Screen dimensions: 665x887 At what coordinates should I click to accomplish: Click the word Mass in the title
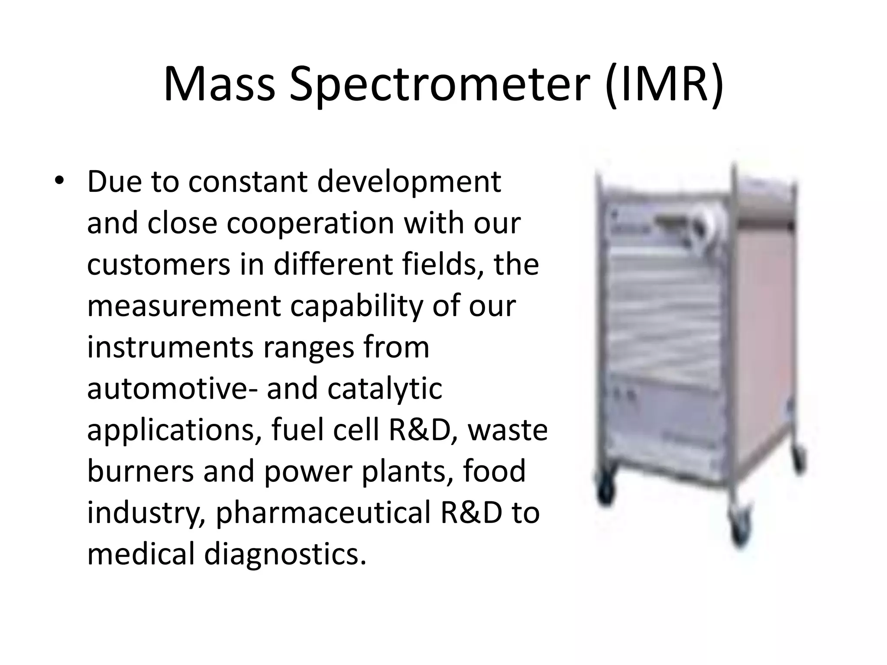[219, 84]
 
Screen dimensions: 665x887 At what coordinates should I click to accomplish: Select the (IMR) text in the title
[664, 85]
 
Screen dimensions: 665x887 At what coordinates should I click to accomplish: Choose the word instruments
[170, 347]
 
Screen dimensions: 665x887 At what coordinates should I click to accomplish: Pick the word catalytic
[385, 388]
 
